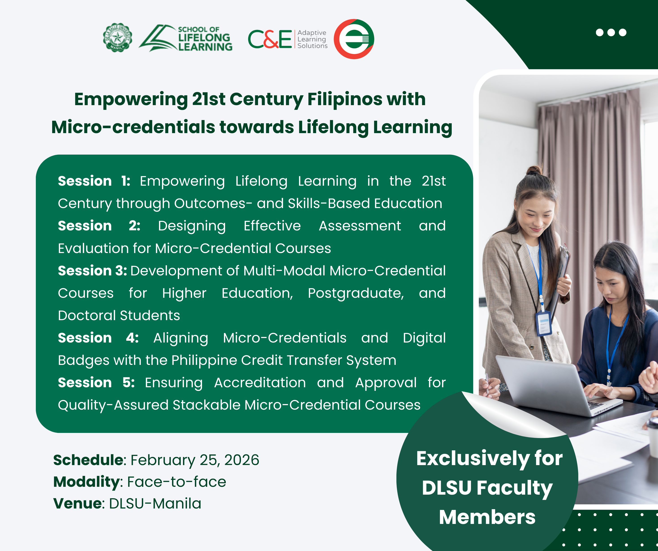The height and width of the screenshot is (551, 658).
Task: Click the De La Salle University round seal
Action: pos(118,38)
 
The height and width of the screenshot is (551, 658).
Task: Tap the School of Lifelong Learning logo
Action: pos(185,38)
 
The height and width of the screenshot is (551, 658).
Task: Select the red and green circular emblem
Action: pos(354,39)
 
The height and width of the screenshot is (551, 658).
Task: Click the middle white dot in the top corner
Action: pos(611,33)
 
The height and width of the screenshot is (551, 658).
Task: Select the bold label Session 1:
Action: pos(94,181)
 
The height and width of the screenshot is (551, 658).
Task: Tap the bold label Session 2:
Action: pos(99,226)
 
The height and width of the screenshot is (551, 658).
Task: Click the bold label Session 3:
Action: pos(92,270)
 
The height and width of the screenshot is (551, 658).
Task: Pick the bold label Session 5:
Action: pos(97,383)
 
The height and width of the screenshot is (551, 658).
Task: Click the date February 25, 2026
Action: pos(195,460)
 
